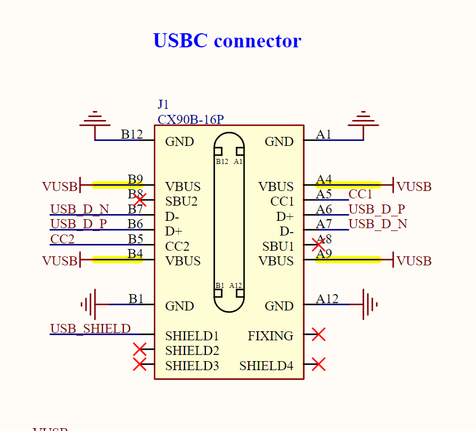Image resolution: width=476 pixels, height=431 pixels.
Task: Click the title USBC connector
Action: [x=227, y=41]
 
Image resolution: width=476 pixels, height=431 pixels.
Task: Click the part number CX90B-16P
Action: [x=191, y=119]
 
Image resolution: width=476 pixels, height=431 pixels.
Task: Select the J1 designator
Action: [x=163, y=104]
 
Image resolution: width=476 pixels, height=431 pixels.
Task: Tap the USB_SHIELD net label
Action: [x=91, y=328]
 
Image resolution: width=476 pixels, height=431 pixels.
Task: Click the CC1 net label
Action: [x=361, y=194]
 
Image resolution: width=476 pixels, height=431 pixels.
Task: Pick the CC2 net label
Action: [x=62, y=239]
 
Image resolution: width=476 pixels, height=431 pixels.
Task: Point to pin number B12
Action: [x=132, y=134]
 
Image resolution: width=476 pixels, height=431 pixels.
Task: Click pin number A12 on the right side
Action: [x=327, y=299]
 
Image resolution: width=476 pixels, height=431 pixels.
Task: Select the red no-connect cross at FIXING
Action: [x=318, y=335]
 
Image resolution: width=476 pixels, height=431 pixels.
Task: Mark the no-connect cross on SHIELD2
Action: [x=140, y=349]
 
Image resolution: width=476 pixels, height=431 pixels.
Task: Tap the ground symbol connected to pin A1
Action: [x=363, y=120]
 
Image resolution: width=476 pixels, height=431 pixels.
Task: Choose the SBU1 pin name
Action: [x=278, y=246]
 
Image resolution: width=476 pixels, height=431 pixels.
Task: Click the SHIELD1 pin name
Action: [x=192, y=336]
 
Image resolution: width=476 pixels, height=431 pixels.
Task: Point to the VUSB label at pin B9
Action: [x=59, y=186]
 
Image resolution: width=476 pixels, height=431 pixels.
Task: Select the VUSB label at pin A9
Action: [x=414, y=261]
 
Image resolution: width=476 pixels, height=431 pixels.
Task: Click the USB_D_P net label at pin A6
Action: [x=377, y=209]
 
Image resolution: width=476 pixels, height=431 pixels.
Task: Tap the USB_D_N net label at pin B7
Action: [x=79, y=210]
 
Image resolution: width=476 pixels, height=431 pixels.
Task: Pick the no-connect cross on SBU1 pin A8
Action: [x=318, y=244]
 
